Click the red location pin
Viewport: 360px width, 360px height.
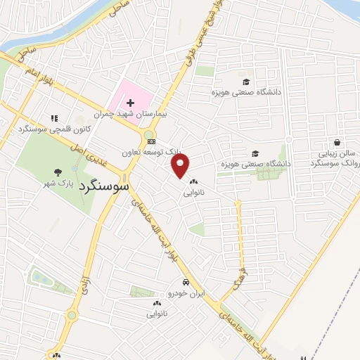[181, 166]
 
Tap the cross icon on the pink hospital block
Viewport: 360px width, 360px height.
[130, 103]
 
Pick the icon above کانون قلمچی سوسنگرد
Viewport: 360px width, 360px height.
[53, 118]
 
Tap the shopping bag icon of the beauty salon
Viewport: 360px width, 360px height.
[338, 141]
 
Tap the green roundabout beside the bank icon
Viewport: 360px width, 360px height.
[149, 134]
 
